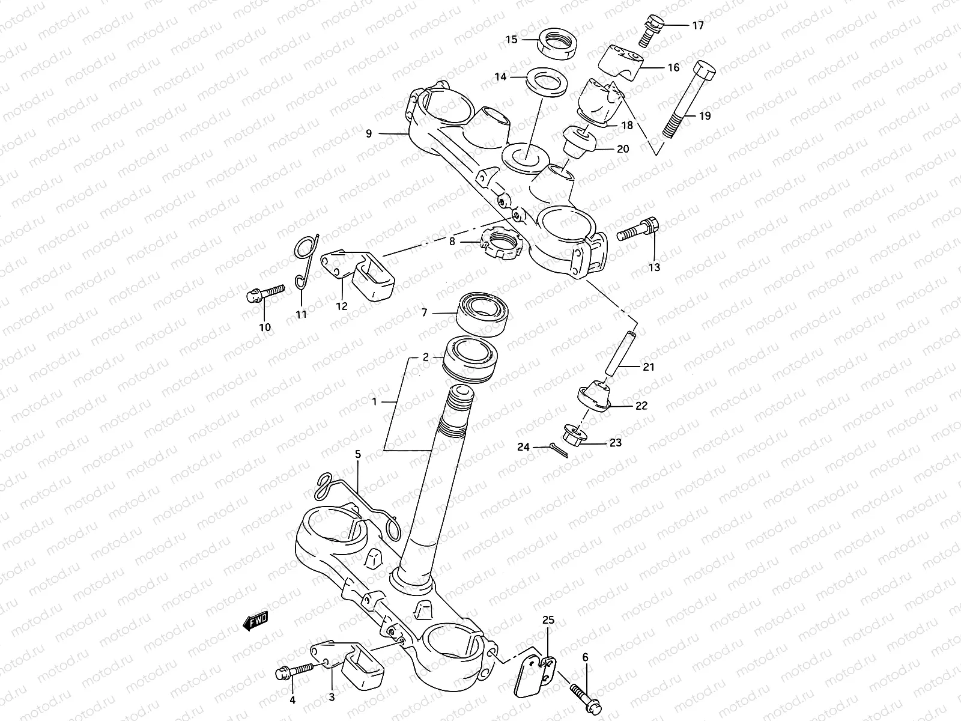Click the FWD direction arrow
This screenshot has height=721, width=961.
point(255,622)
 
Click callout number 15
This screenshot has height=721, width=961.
point(511,40)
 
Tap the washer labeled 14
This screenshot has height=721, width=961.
point(545,82)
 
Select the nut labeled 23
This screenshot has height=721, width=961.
point(574,434)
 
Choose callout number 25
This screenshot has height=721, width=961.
point(549,620)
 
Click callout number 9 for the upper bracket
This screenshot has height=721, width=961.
point(369,133)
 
